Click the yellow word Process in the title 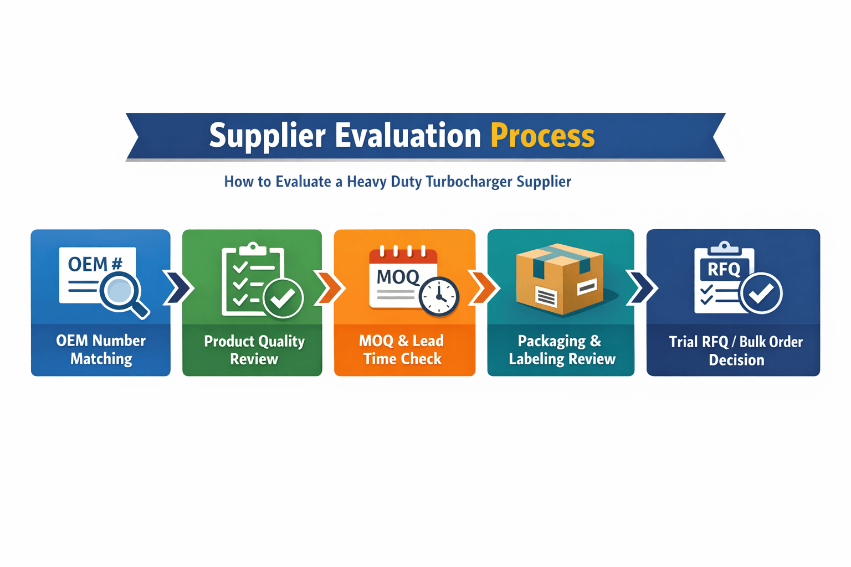[542, 136]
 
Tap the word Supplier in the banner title [266, 136]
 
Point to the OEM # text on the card [95, 264]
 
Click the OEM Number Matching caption [101, 349]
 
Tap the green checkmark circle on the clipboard [283, 298]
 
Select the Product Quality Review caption [254, 350]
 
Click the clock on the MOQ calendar [439, 296]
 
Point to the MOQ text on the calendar [398, 276]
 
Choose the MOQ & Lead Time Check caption [403, 349]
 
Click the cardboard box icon [560, 279]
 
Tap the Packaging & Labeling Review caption [561, 350]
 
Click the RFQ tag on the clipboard [724, 270]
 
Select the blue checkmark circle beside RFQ [762, 293]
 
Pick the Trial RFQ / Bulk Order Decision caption [735, 350]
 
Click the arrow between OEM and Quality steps [178, 287]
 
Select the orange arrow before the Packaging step [484, 287]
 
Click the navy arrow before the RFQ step [642, 287]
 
